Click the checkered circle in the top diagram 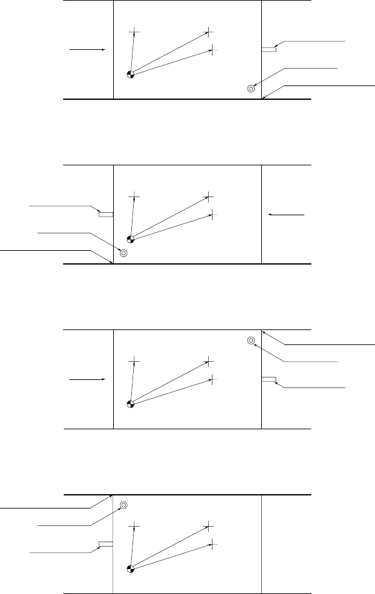point(130,74)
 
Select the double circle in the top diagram point(251,88)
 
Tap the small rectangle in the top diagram point(269,49)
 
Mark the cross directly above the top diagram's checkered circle point(134,31)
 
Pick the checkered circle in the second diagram point(130,239)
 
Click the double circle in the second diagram point(123,253)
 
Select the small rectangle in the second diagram point(105,214)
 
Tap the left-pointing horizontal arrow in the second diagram point(286,215)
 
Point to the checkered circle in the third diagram point(130,403)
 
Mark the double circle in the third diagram point(251,341)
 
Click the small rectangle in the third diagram point(269,379)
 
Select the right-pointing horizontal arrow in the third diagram point(86,378)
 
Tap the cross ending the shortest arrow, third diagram point(134,361)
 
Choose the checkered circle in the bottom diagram point(130,568)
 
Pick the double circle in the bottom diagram point(123,505)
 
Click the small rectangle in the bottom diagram point(105,543)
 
